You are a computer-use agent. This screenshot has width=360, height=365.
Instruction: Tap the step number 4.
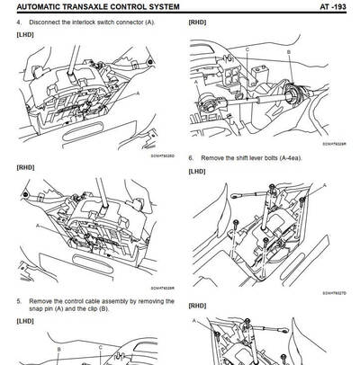coord(20,21)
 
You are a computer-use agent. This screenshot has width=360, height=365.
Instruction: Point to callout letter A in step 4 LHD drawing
coord(138,92)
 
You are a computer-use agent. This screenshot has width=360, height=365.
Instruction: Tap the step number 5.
coord(20,301)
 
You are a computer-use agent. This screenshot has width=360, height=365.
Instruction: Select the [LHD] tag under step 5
coord(25,322)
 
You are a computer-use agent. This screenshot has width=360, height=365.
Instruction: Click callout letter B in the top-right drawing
coord(288,52)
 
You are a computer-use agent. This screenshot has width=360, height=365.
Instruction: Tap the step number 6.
coord(191,158)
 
